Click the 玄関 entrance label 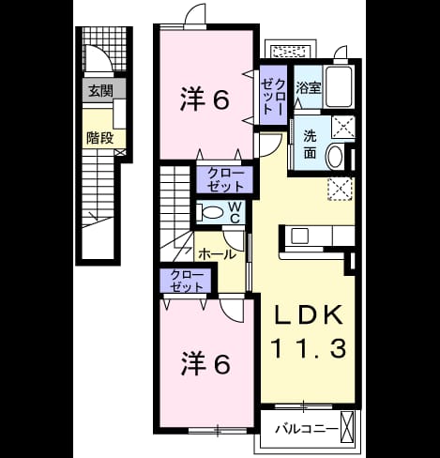coord(100,91)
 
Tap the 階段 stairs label coord(99,138)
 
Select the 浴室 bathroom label coord(309,87)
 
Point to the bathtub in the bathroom coord(339,86)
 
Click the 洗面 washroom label coord(310,145)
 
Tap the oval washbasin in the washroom coord(334,158)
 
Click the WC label coord(235,212)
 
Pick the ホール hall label coord(217,254)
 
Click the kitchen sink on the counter coord(299,237)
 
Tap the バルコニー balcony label coord(307,429)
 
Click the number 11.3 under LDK coord(309,348)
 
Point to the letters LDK coord(308,314)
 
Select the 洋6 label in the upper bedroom coord(205,99)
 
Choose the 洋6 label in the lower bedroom coord(205,364)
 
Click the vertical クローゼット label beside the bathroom coord(273,97)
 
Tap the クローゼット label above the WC coord(225,179)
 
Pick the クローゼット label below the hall coord(187,281)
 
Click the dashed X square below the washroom coord(341,189)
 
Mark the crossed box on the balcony coord(347,426)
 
